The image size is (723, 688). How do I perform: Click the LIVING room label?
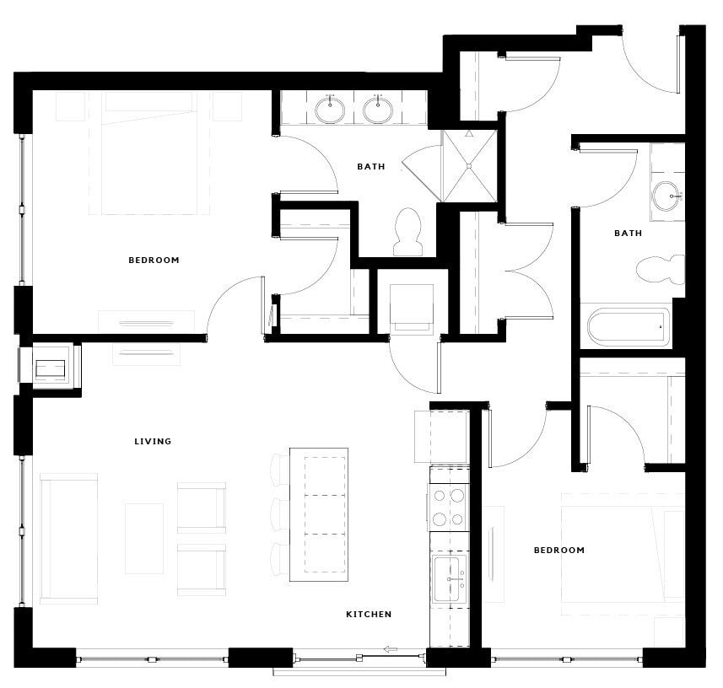pyautogui.click(x=153, y=441)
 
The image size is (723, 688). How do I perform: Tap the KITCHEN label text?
pyautogui.click(x=369, y=614)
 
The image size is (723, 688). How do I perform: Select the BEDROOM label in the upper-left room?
pyautogui.click(x=154, y=260)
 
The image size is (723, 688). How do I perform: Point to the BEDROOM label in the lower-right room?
pyautogui.click(x=558, y=550)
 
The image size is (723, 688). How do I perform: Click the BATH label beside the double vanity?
pyautogui.click(x=370, y=166)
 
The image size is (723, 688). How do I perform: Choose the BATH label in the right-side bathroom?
pyautogui.click(x=628, y=233)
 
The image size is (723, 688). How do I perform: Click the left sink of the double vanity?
pyautogui.click(x=330, y=110)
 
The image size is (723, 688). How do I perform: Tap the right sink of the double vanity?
pyautogui.click(x=378, y=110)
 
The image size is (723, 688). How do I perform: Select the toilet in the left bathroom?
pyautogui.click(x=407, y=232)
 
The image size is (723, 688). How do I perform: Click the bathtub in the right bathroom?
pyautogui.click(x=629, y=325)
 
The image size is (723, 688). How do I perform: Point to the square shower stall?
pyautogui.click(x=470, y=166)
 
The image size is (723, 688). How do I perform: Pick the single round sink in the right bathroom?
pyautogui.click(x=666, y=196)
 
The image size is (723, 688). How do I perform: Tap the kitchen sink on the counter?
pyautogui.click(x=449, y=579)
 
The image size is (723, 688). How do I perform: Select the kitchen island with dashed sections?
pyautogui.click(x=319, y=514)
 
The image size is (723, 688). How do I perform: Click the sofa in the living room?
pyautogui.click(x=68, y=537)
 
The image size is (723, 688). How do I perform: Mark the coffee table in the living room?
pyautogui.click(x=144, y=538)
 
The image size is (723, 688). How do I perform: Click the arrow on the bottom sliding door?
pyautogui.click(x=391, y=648)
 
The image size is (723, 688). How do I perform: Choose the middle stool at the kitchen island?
pyautogui.click(x=280, y=513)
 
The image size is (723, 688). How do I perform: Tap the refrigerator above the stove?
pyautogui.click(x=442, y=436)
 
